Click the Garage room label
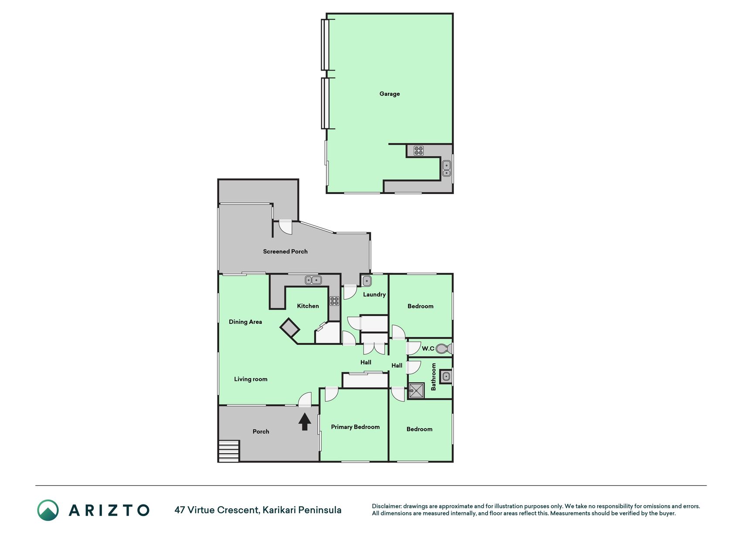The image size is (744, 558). tap(389, 94)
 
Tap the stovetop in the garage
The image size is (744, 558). tap(418, 151)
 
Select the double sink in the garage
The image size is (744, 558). tap(446, 168)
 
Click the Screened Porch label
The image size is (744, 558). tap(285, 252)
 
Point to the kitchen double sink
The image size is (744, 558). tap(313, 280)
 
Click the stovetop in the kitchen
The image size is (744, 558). tap(334, 301)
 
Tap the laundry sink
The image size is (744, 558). tap(367, 281)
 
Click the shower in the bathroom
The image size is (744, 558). tap(416, 391)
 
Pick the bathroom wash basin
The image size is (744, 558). tap(446, 377)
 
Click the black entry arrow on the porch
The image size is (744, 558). tap(305, 422)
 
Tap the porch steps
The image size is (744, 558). tap(229, 451)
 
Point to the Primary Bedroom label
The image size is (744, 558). tap(355, 427)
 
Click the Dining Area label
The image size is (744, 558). tap(245, 322)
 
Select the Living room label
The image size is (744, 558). tap(251, 379)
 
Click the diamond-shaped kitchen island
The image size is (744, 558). tap(289, 327)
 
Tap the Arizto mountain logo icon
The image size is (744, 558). tap(48, 510)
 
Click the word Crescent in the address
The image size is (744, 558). tap(238, 510)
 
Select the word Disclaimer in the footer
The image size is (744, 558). tap(386, 506)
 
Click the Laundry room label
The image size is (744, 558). tap(374, 295)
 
